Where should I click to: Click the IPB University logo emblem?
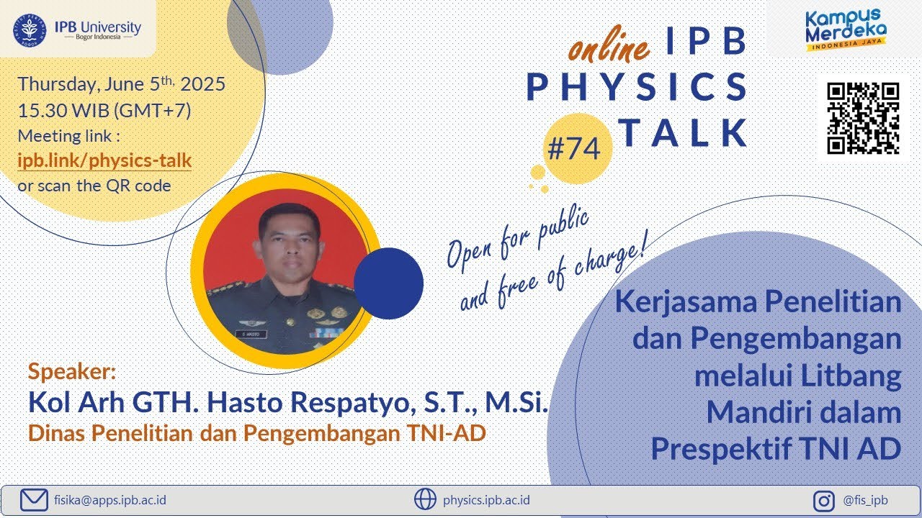[x=30, y=29]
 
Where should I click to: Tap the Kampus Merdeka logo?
[x=844, y=30]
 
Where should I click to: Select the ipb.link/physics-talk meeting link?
[x=104, y=160]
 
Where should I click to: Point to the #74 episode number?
[x=573, y=149]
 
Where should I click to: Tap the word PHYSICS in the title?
[x=637, y=88]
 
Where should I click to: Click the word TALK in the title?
[x=683, y=132]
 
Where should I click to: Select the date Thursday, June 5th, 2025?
[x=121, y=84]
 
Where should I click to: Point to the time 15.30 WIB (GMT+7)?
[x=104, y=111]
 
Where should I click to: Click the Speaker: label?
[x=71, y=372]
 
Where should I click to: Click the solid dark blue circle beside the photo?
[x=388, y=282]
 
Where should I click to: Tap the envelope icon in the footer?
[x=34, y=499]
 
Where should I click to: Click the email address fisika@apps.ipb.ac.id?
[x=109, y=499]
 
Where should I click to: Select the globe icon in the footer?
[x=425, y=499]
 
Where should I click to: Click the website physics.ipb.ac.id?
[x=487, y=499]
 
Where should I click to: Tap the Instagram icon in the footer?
[x=823, y=499]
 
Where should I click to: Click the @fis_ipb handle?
[x=864, y=499]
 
